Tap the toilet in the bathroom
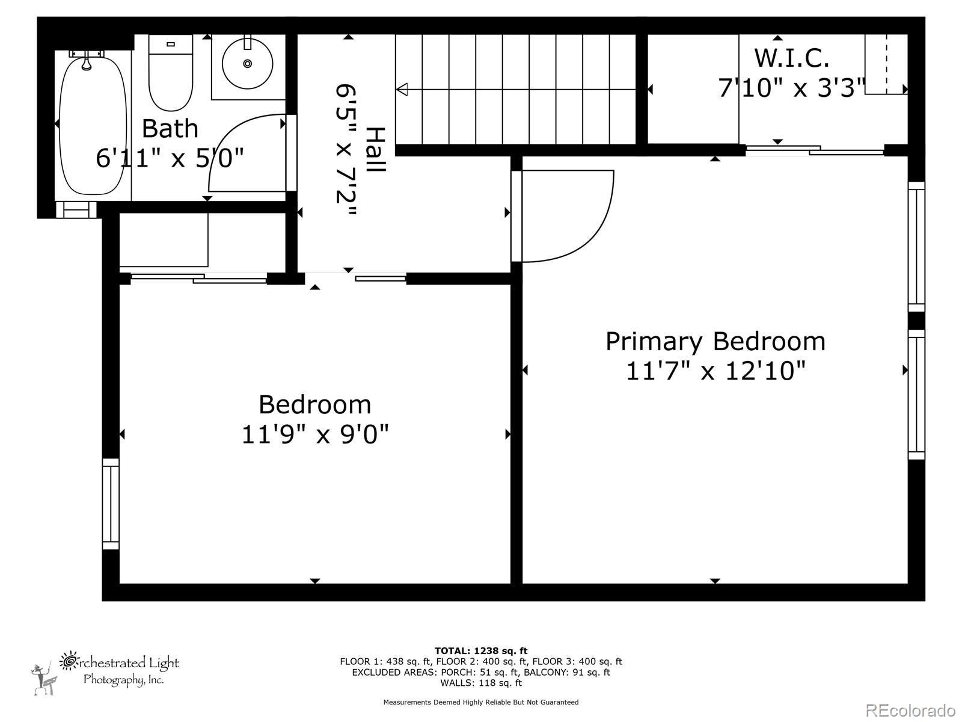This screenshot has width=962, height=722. pyautogui.click(x=171, y=73)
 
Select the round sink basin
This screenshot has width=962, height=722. pyautogui.click(x=247, y=64)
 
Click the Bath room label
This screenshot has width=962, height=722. pyautogui.click(x=170, y=128)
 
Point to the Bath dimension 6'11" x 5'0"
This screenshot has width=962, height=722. pyautogui.click(x=170, y=158)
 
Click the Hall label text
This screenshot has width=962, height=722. pyautogui.click(x=375, y=149)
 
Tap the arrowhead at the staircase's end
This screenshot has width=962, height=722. pyautogui.click(x=402, y=90)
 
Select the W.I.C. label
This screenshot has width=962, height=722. pyautogui.click(x=791, y=58)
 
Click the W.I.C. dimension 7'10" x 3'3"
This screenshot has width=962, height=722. pyautogui.click(x=792, y=88)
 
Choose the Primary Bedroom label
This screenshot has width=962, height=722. pyautogui.click(x=715, y=342)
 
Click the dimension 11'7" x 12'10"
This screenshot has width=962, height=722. pyautogui.click(x=715, y=371)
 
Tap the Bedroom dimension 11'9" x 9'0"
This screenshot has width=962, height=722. pyautogui.click(x=315, y=434)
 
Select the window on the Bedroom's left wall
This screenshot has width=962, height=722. pyautogui.click(x=111, y=504)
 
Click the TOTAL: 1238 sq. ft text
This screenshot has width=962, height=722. pyautogui.click(x=481, y=651)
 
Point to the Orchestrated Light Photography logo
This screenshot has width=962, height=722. pyautogui.click(x=106, y=673)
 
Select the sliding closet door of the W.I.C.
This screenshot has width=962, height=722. pyautogui.click(x=815, y=150)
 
